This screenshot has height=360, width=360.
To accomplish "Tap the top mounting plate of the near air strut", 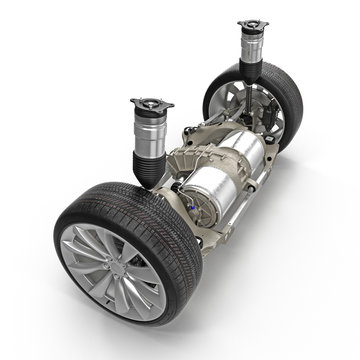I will point(151,105).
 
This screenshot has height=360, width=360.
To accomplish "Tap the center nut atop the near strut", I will point(151,100).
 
